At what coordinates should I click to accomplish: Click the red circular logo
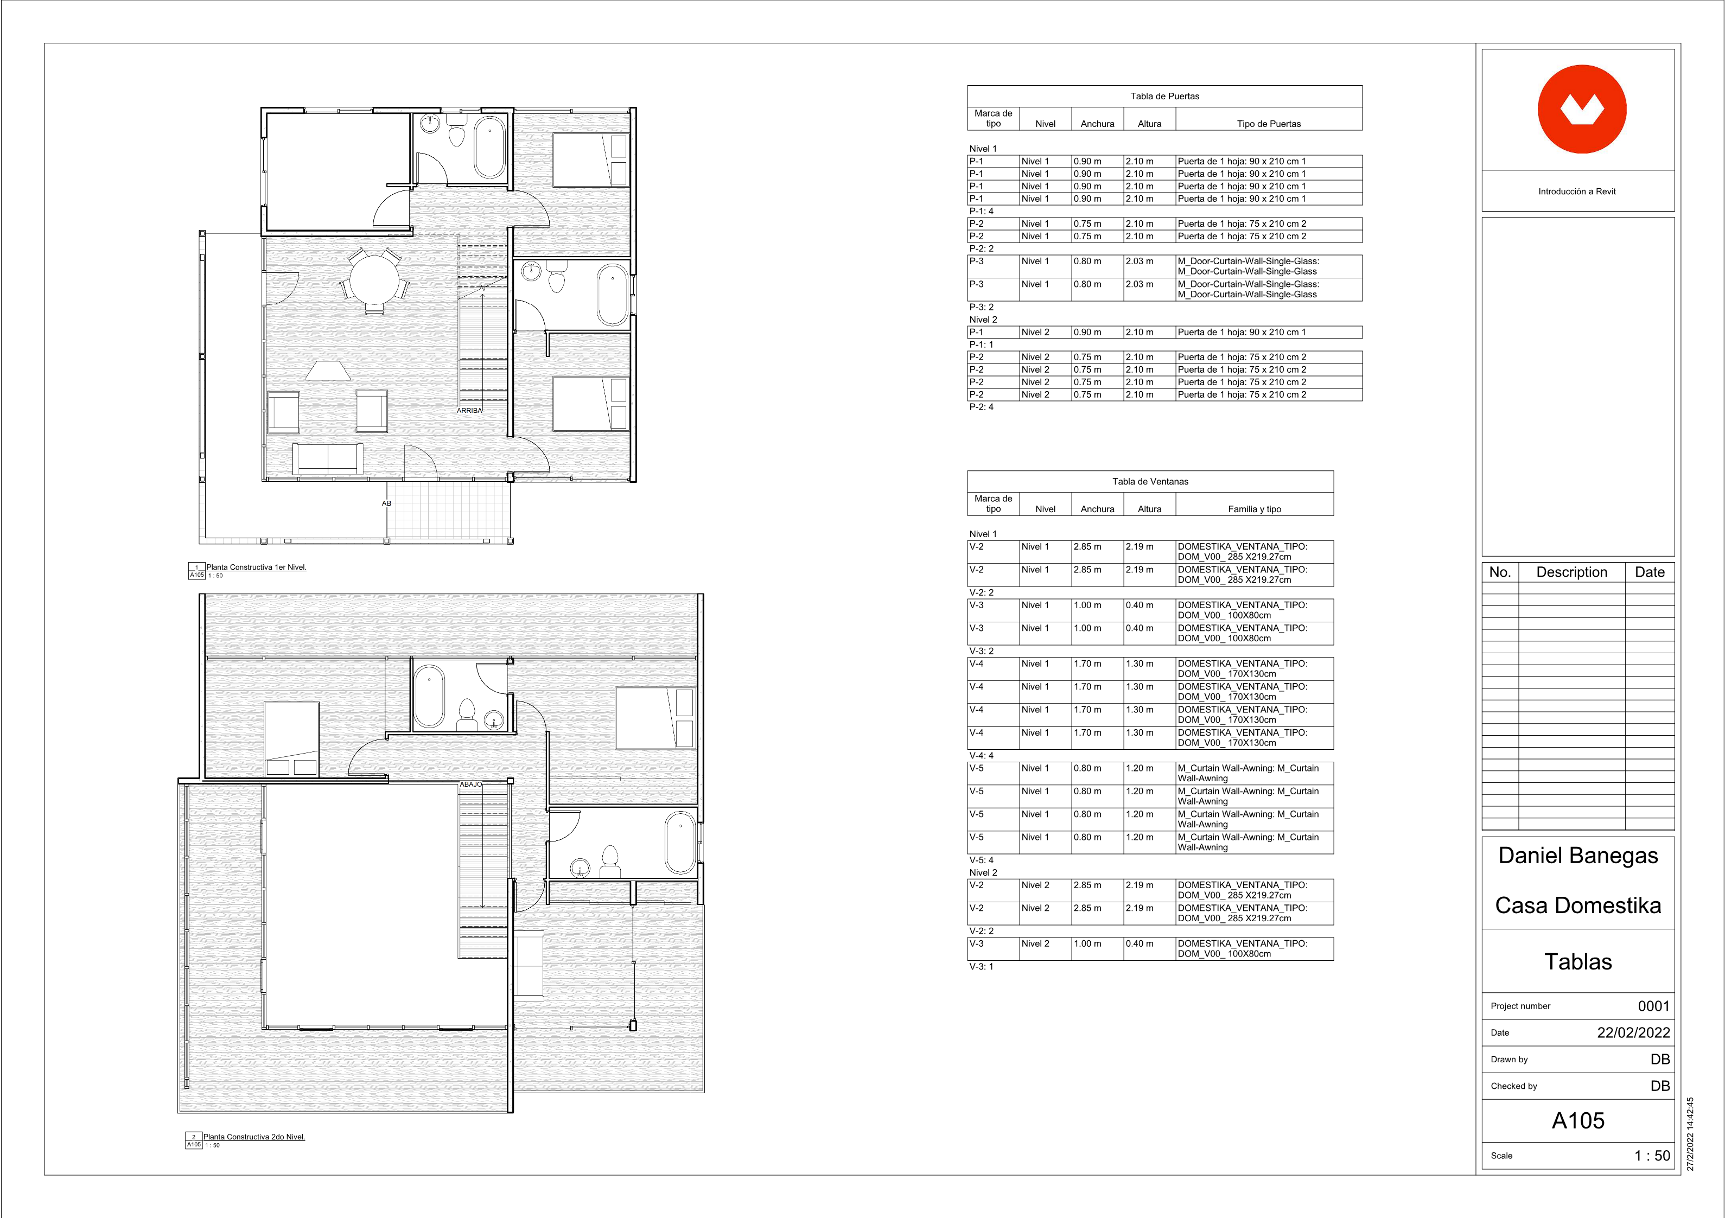point(1582,110)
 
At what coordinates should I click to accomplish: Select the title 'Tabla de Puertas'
point(1164,96)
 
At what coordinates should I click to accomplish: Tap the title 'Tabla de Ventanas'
point(1150,482)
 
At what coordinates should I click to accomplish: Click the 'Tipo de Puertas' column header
point(1269,124)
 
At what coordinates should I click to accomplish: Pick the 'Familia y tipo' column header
point(1255,509)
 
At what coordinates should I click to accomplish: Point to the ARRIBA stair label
point(469,410)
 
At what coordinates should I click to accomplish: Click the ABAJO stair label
point(471,785)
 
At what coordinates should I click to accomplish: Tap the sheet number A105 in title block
point(1578,1121)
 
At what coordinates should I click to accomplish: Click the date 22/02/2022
point(1633,1033)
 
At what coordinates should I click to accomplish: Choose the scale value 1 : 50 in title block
point(1652,1156)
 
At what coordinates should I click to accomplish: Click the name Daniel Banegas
point(1578,856)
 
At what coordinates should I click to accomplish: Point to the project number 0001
point(1653,1006)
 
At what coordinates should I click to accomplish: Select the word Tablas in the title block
point(1578,962)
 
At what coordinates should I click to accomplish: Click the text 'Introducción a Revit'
point(1577,192)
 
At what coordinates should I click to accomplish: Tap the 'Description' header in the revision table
point(1572,572)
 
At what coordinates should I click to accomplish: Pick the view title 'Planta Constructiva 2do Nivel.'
point(254,1137)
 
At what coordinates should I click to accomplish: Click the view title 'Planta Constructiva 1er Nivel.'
point(256,567)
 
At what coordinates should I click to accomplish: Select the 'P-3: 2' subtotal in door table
point(981,307)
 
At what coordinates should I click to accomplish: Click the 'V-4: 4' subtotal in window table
point(981,756)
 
